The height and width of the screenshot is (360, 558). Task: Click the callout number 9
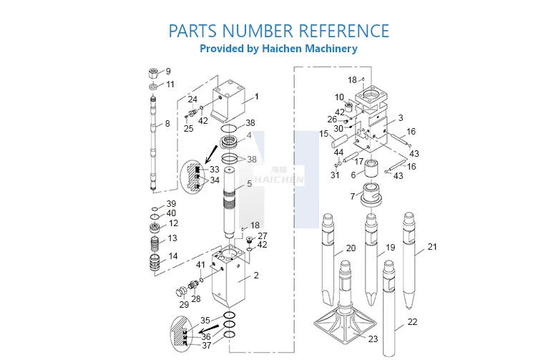(x=168, y=72)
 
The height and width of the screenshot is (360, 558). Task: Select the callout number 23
(x=373, y=339)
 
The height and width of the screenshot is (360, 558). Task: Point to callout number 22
(x=412, y=322)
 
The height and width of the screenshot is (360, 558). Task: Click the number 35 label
(x=205, y=320)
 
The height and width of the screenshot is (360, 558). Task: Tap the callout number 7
(x=352, y=196)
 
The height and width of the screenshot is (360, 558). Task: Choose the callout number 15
(x=324, y=134)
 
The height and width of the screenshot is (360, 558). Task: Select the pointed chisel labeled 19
(x=371, y=258)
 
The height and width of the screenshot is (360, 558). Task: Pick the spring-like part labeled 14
(x=153, y=261)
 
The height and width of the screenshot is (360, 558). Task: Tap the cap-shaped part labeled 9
(x=153, y=72)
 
